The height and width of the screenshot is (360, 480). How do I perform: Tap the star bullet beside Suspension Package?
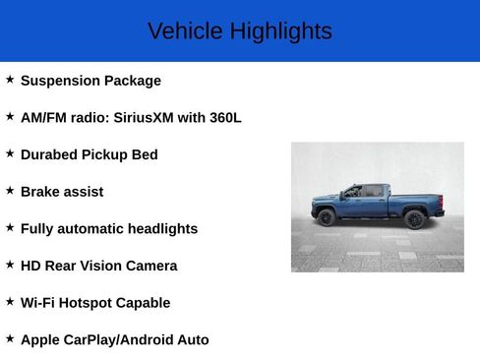pos(10,79)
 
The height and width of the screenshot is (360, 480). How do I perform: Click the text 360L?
pos(224,118)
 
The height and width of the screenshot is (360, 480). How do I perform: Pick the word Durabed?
pos(50,154)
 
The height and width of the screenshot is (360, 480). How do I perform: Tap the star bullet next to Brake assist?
pos(10,190)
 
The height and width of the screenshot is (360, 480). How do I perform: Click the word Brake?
pos(40,192)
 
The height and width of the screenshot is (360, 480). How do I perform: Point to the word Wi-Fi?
pos(37,303)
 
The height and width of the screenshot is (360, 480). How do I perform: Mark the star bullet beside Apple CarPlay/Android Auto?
pos(10,338)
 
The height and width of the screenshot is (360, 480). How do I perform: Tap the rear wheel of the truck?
pos(414,219)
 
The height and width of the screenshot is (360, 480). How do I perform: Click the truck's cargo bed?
pos(414,201)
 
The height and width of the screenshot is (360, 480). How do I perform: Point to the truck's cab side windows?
pos(363,192)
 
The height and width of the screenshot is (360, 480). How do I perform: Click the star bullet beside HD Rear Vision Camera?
pos(10,264)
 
